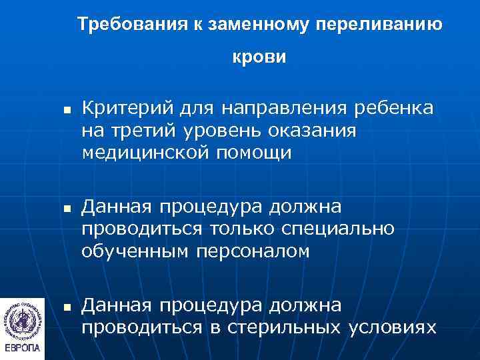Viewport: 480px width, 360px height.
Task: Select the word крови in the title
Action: coord(259,57)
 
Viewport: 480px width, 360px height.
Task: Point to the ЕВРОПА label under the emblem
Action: coord(22,348)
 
